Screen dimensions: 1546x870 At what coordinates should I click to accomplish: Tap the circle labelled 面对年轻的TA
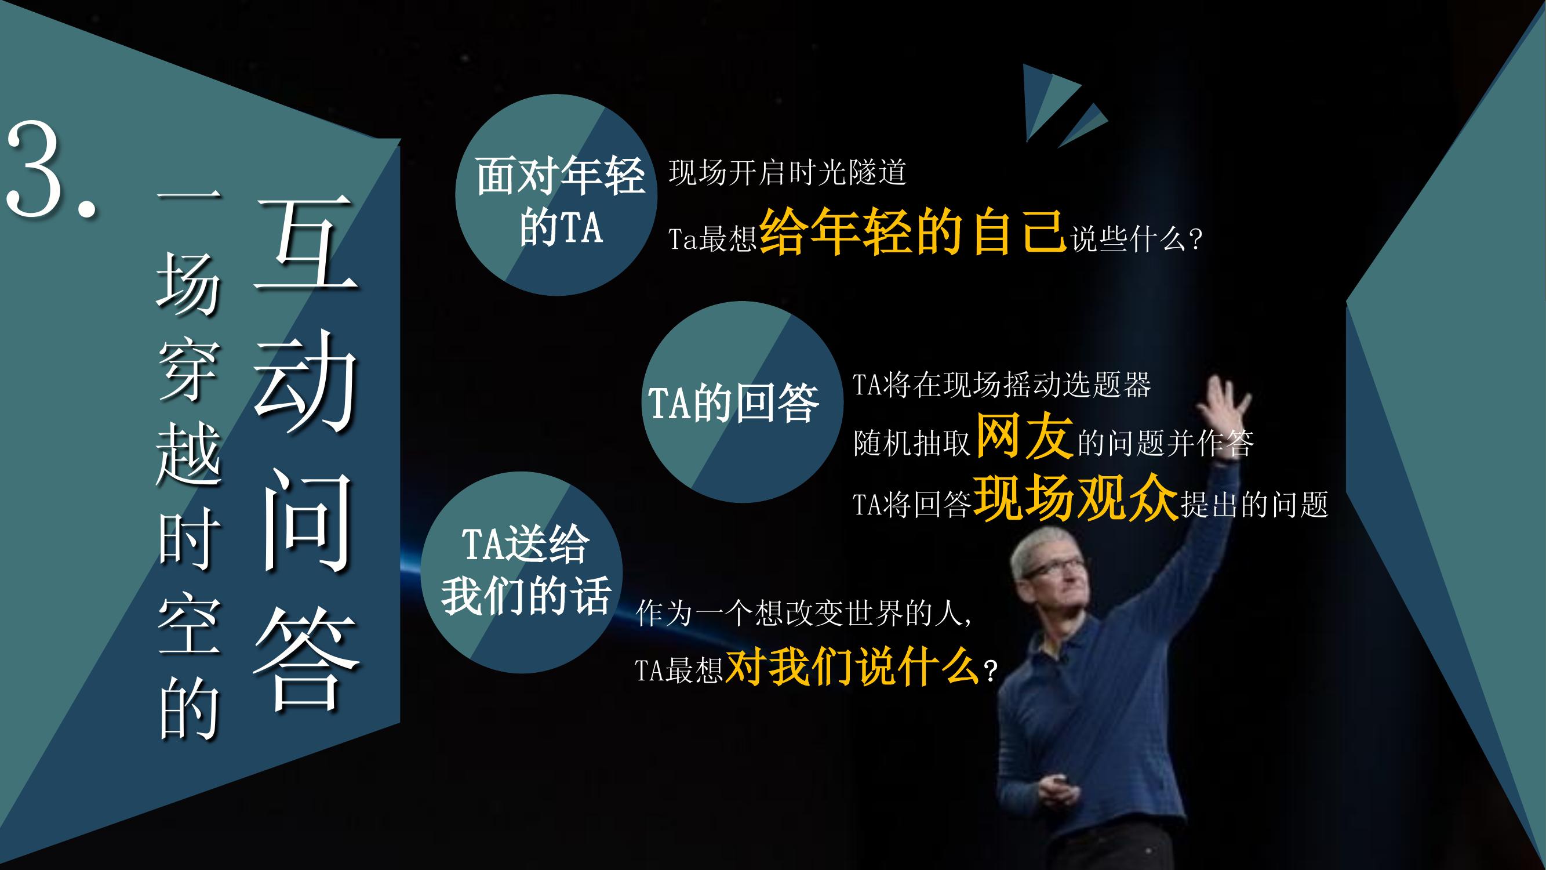(556, 195)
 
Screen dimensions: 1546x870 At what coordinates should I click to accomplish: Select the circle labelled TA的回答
(742, 403)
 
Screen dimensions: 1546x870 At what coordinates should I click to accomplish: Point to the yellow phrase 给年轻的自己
(913, 233)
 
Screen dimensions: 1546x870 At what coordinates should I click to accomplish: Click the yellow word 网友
(1025, 437)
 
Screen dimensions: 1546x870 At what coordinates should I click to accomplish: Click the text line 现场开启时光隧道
(787, 173)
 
